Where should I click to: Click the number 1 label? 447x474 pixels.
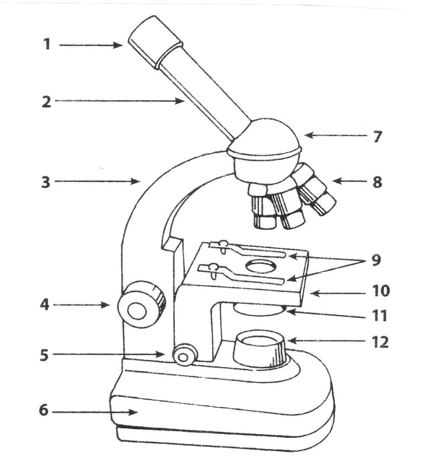pyautogui.click(x=47, y=45)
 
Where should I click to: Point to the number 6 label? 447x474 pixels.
pyautogui.click(x=43, y=411)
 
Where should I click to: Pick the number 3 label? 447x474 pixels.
pyautogui.click(x=45, y=182)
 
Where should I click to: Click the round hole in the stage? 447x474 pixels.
pyautogui.click(x=261, y=266)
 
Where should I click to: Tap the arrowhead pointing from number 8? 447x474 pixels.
pyautogui.click(x=335, y=181)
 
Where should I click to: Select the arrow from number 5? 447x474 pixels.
pyautogui.click(x=111, y=354)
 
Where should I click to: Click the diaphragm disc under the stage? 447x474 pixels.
pyautogui.click(x=259, y=309)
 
